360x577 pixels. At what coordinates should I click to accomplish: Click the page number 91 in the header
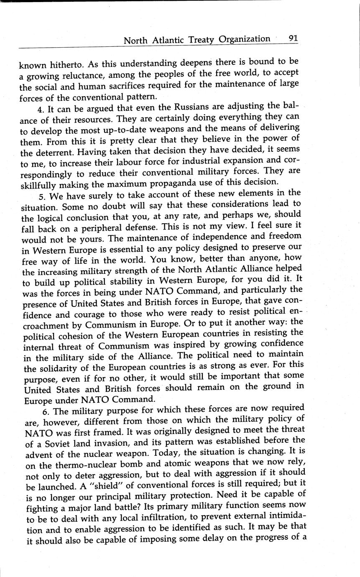[292, 38]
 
